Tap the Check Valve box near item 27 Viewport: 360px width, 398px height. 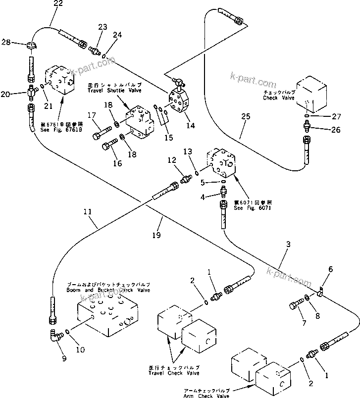point(312,94)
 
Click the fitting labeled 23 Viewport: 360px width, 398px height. point(93,49)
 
